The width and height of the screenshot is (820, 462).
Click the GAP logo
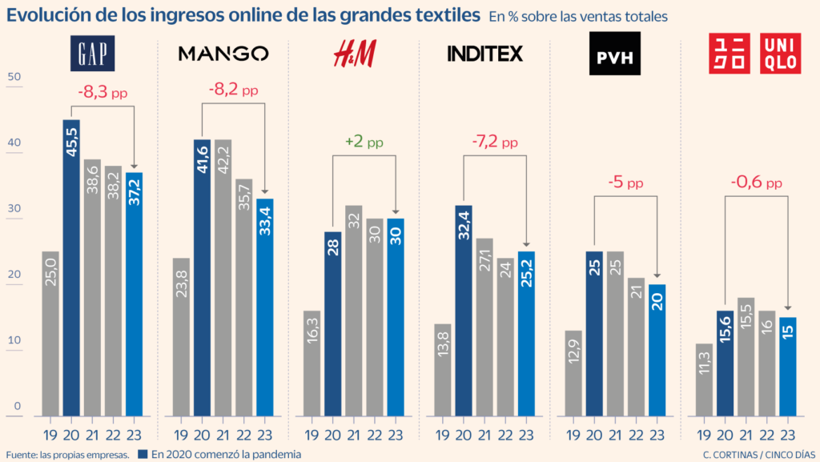coord(93,53)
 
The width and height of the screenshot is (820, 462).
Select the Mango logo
coord(223,54)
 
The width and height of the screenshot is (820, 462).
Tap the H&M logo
coord(354,53)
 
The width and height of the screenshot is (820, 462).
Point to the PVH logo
coord(616,54)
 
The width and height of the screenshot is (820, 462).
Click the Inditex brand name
coord(484,54)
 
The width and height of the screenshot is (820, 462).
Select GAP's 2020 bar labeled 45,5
coord(71,268)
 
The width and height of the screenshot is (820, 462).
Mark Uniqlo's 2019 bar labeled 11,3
coord(705,380)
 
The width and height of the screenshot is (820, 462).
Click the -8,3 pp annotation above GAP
coord(102,92)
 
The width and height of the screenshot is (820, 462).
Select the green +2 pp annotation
coord(364,142)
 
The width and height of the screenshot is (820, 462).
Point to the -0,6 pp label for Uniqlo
coord(756,183)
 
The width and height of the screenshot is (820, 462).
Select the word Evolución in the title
coord(49,15)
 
